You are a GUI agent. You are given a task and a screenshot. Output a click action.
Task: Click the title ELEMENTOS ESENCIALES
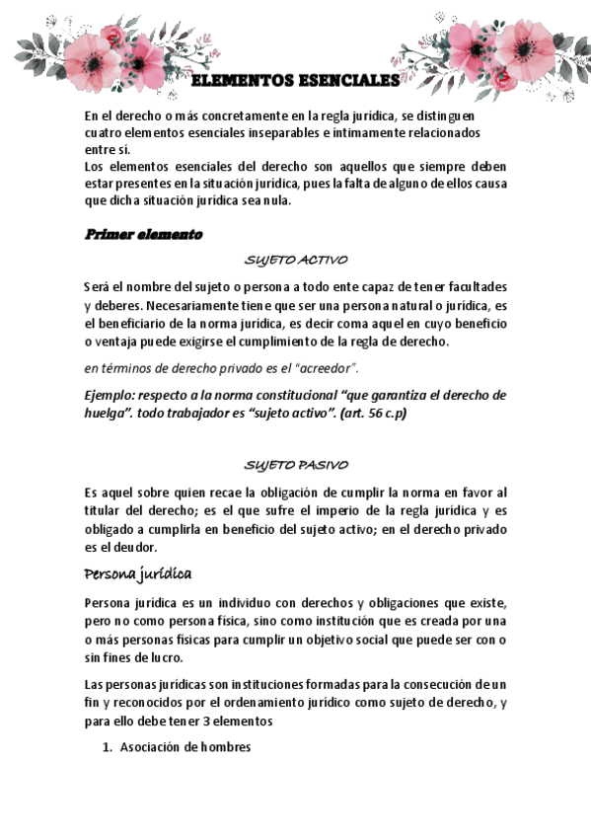pos(294,80)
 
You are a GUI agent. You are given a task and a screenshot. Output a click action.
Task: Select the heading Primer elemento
pos(143,235)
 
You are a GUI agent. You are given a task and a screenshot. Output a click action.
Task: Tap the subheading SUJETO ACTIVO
pos(295,262)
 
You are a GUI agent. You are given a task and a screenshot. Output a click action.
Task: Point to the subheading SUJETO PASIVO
pos(295,465)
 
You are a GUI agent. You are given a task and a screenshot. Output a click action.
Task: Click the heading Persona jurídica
pos(137,574)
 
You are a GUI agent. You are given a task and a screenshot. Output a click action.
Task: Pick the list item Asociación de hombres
pos(185,747)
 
